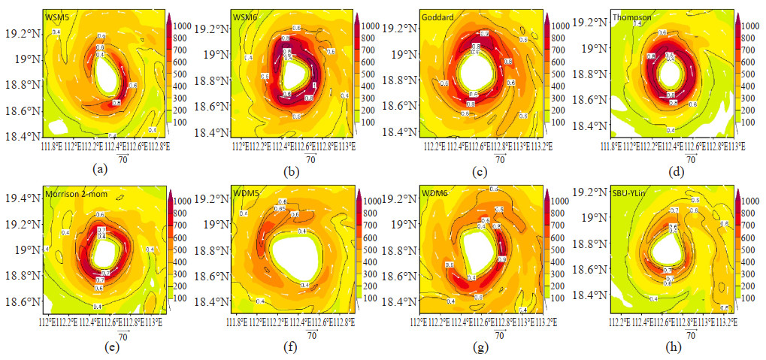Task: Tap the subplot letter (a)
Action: pos(101,171)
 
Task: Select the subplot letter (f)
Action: pos(292,346)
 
